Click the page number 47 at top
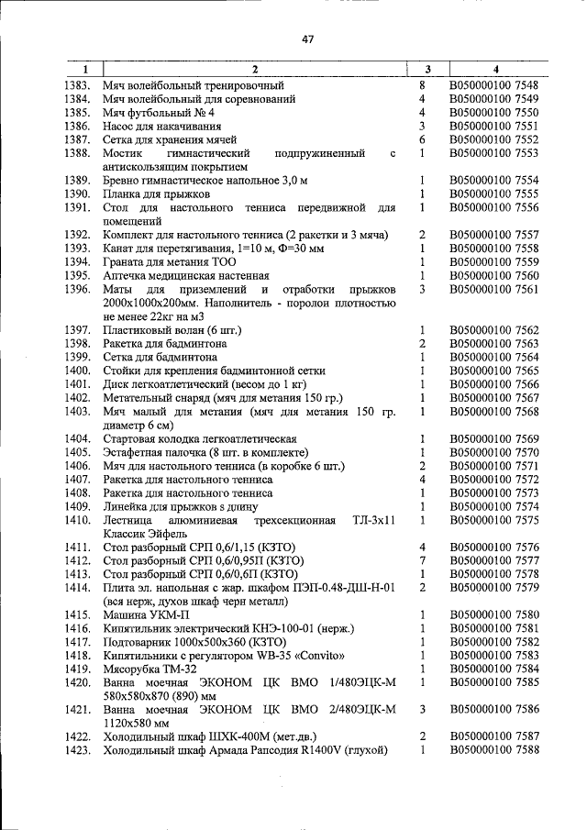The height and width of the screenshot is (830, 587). pos(307,39)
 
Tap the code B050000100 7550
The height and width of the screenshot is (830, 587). pos(493,112)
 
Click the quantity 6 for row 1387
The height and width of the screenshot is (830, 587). pos(422,139)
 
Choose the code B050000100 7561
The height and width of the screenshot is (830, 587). pos(493,289)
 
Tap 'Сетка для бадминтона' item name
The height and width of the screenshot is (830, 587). pos(158,357)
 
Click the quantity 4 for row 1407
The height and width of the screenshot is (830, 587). pos(422,479)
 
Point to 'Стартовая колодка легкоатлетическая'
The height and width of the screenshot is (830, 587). pos(200,438)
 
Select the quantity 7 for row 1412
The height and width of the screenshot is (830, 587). pos(422,560)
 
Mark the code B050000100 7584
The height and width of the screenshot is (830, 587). pos(493,669)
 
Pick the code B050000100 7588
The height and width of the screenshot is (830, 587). pos(493,750)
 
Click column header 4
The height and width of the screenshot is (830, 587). pos(495,69)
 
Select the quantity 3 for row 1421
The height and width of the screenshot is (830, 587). pos(422,709)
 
